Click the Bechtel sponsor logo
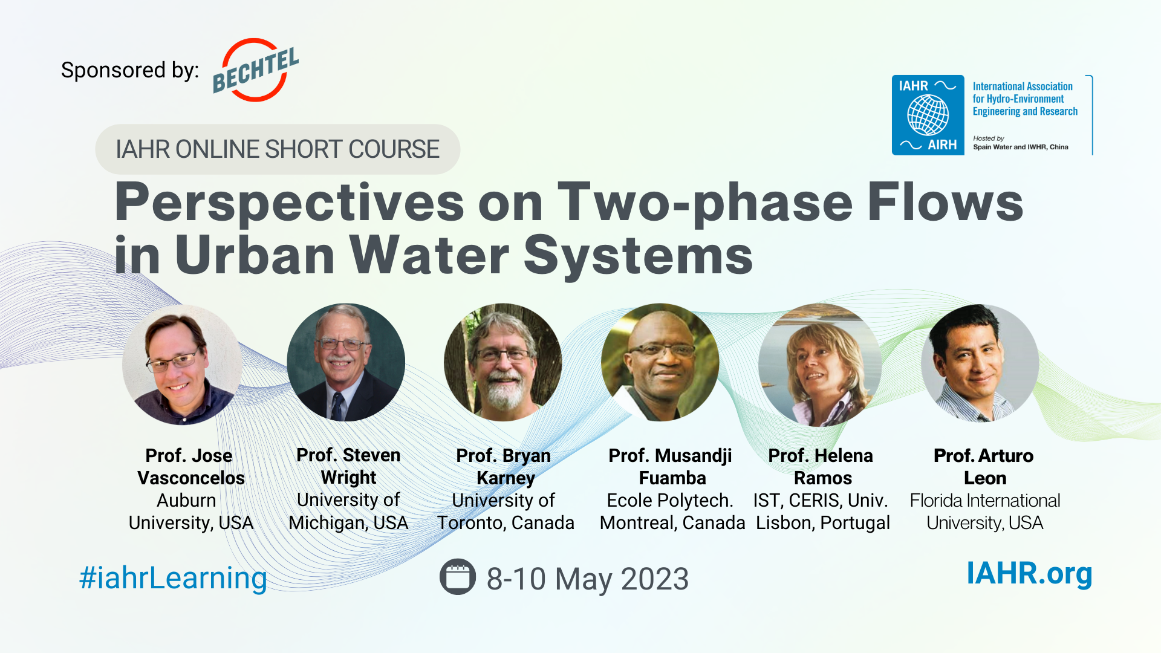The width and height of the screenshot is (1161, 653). [256, 70]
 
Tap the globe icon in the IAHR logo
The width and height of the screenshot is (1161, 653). [928, 115]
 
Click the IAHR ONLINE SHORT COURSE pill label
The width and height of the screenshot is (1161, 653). [278, 149]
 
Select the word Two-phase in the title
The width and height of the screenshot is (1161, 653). [705, 203]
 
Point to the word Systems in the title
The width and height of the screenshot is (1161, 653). [638, 255]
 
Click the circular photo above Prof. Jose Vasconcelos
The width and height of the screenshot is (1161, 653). [182, 365]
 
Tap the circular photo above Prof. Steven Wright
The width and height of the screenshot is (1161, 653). [346, 362]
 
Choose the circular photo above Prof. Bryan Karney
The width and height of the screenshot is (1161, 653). [503, 362]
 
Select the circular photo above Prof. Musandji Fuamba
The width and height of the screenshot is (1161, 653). [660, 362]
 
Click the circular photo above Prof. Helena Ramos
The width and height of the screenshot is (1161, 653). [819, 365]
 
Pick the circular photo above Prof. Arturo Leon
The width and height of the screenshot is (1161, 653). [980, 363]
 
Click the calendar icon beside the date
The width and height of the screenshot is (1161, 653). [458, 577]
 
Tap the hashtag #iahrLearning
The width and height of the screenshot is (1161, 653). [173, 578]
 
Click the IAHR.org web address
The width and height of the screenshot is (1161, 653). [1029, 573]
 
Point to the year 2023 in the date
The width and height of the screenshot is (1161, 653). [655, 579]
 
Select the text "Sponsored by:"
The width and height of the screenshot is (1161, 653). [130, 70]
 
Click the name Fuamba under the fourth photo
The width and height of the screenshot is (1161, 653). [672, 478]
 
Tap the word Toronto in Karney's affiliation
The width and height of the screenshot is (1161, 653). [472, 523]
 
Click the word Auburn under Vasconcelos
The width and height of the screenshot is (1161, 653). [186, 501]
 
